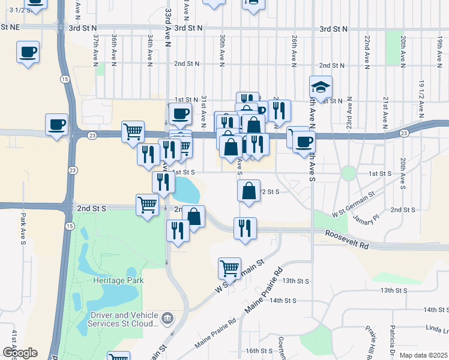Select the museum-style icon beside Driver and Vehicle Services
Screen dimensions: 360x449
[167, 317]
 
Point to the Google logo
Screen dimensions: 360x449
[20, 353]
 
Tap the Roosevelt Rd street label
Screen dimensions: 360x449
[347, 239]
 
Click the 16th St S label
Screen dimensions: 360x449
[259, 350]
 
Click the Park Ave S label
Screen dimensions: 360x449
[23, 229]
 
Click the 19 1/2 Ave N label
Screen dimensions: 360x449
[421, 96]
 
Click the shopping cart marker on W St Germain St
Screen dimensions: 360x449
[229, 268]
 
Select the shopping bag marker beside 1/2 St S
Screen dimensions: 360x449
[249, 191]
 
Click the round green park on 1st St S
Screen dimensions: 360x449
[348, 173]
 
